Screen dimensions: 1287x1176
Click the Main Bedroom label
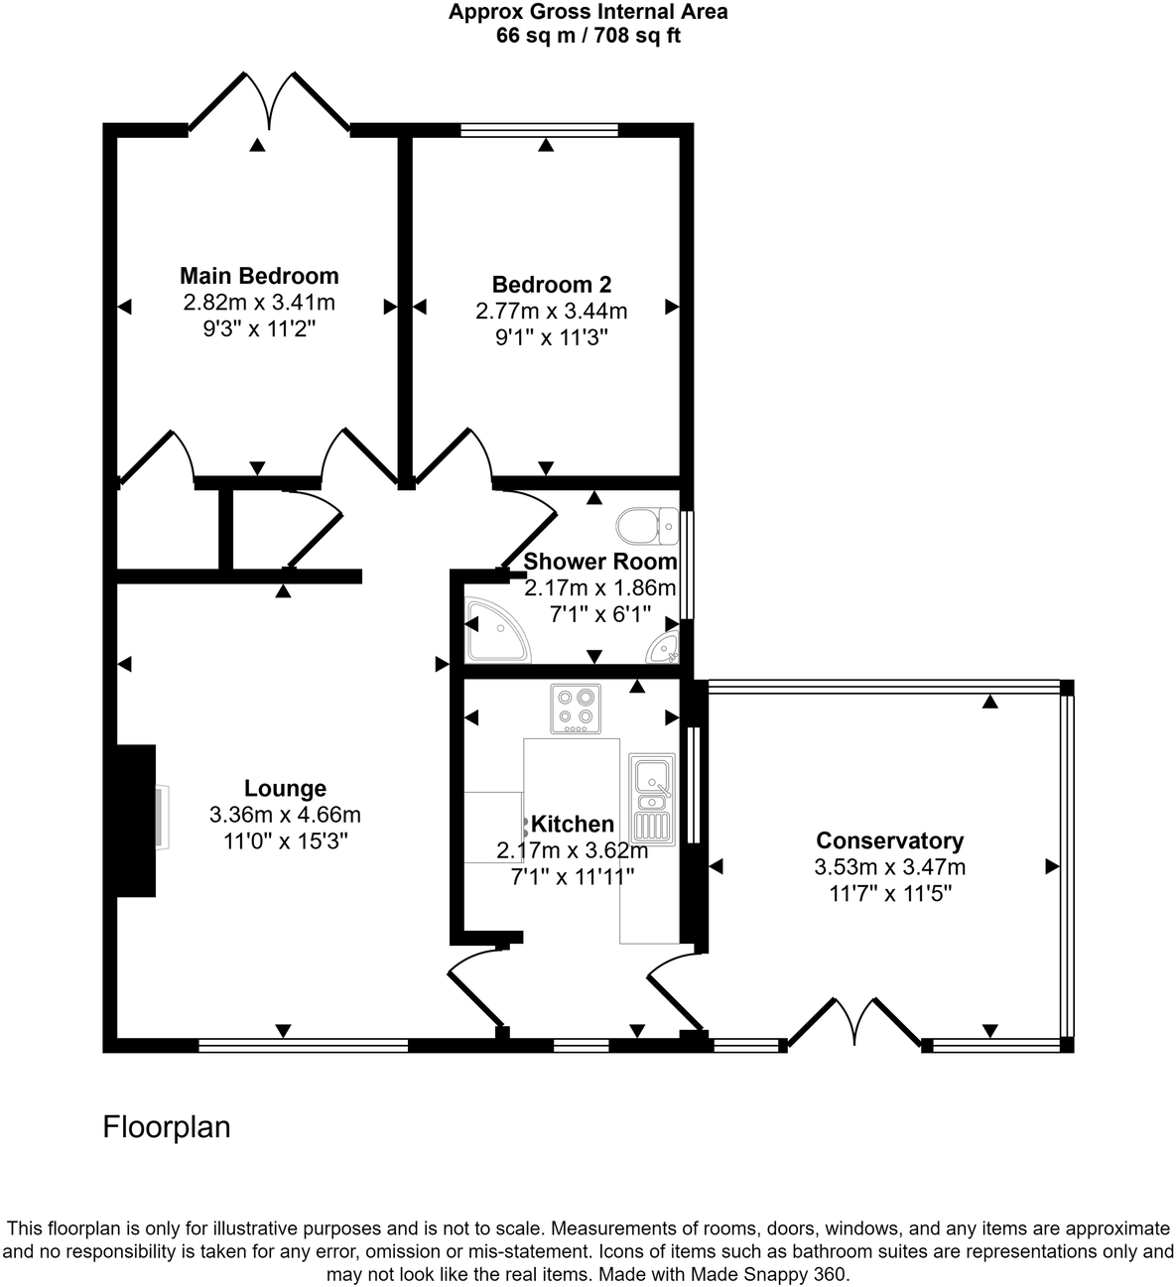259,276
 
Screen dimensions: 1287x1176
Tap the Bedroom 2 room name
552,285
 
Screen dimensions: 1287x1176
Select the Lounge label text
285,789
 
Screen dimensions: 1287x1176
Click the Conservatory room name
889,841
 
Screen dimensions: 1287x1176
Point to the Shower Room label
600,562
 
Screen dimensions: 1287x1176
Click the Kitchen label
573,825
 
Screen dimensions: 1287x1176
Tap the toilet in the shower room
646,524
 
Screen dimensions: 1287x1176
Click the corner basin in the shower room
663,647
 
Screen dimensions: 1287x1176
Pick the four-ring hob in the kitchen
576,708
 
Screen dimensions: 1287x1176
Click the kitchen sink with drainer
652,798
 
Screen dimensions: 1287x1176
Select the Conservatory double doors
854,1022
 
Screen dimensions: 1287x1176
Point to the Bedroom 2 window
540,129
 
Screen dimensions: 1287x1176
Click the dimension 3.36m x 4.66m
285,816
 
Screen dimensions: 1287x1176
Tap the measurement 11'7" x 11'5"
889,893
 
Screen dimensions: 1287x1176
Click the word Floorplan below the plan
167,1127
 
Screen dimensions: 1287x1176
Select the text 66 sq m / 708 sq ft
588,37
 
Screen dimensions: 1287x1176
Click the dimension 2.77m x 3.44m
552,312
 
